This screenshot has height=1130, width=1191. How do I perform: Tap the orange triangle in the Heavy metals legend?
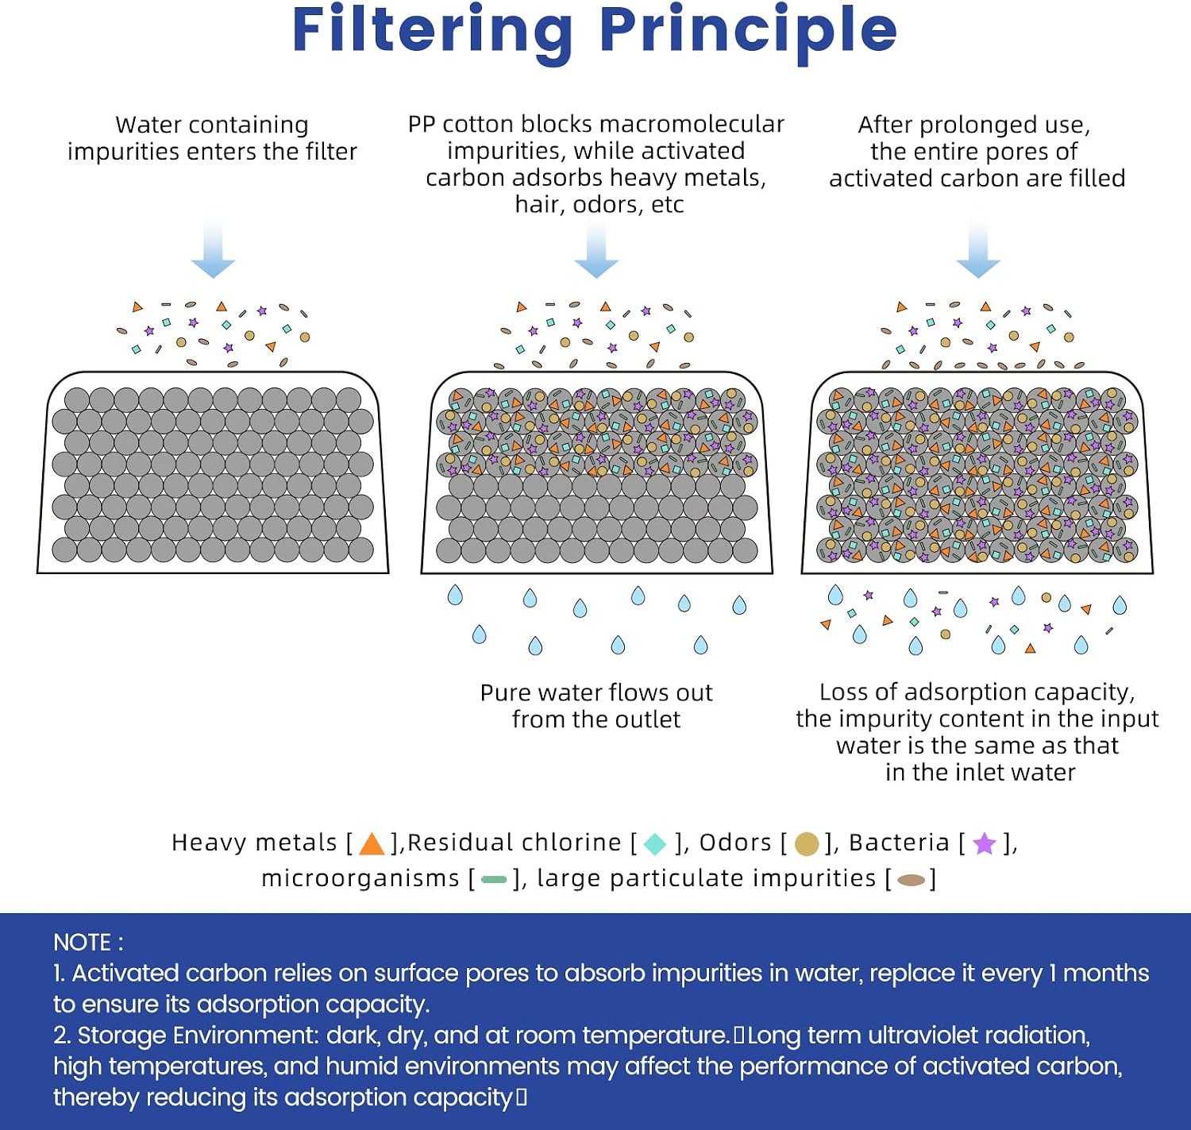372,844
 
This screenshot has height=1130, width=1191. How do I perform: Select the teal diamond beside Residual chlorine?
654,844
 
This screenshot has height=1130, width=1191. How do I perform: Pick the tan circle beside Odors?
807,844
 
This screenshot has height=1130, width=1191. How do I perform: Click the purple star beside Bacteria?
985,843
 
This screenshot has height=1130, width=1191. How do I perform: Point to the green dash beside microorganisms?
494,880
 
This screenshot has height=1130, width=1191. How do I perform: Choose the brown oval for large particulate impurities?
912,880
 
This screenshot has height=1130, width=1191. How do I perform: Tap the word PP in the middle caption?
422,124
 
